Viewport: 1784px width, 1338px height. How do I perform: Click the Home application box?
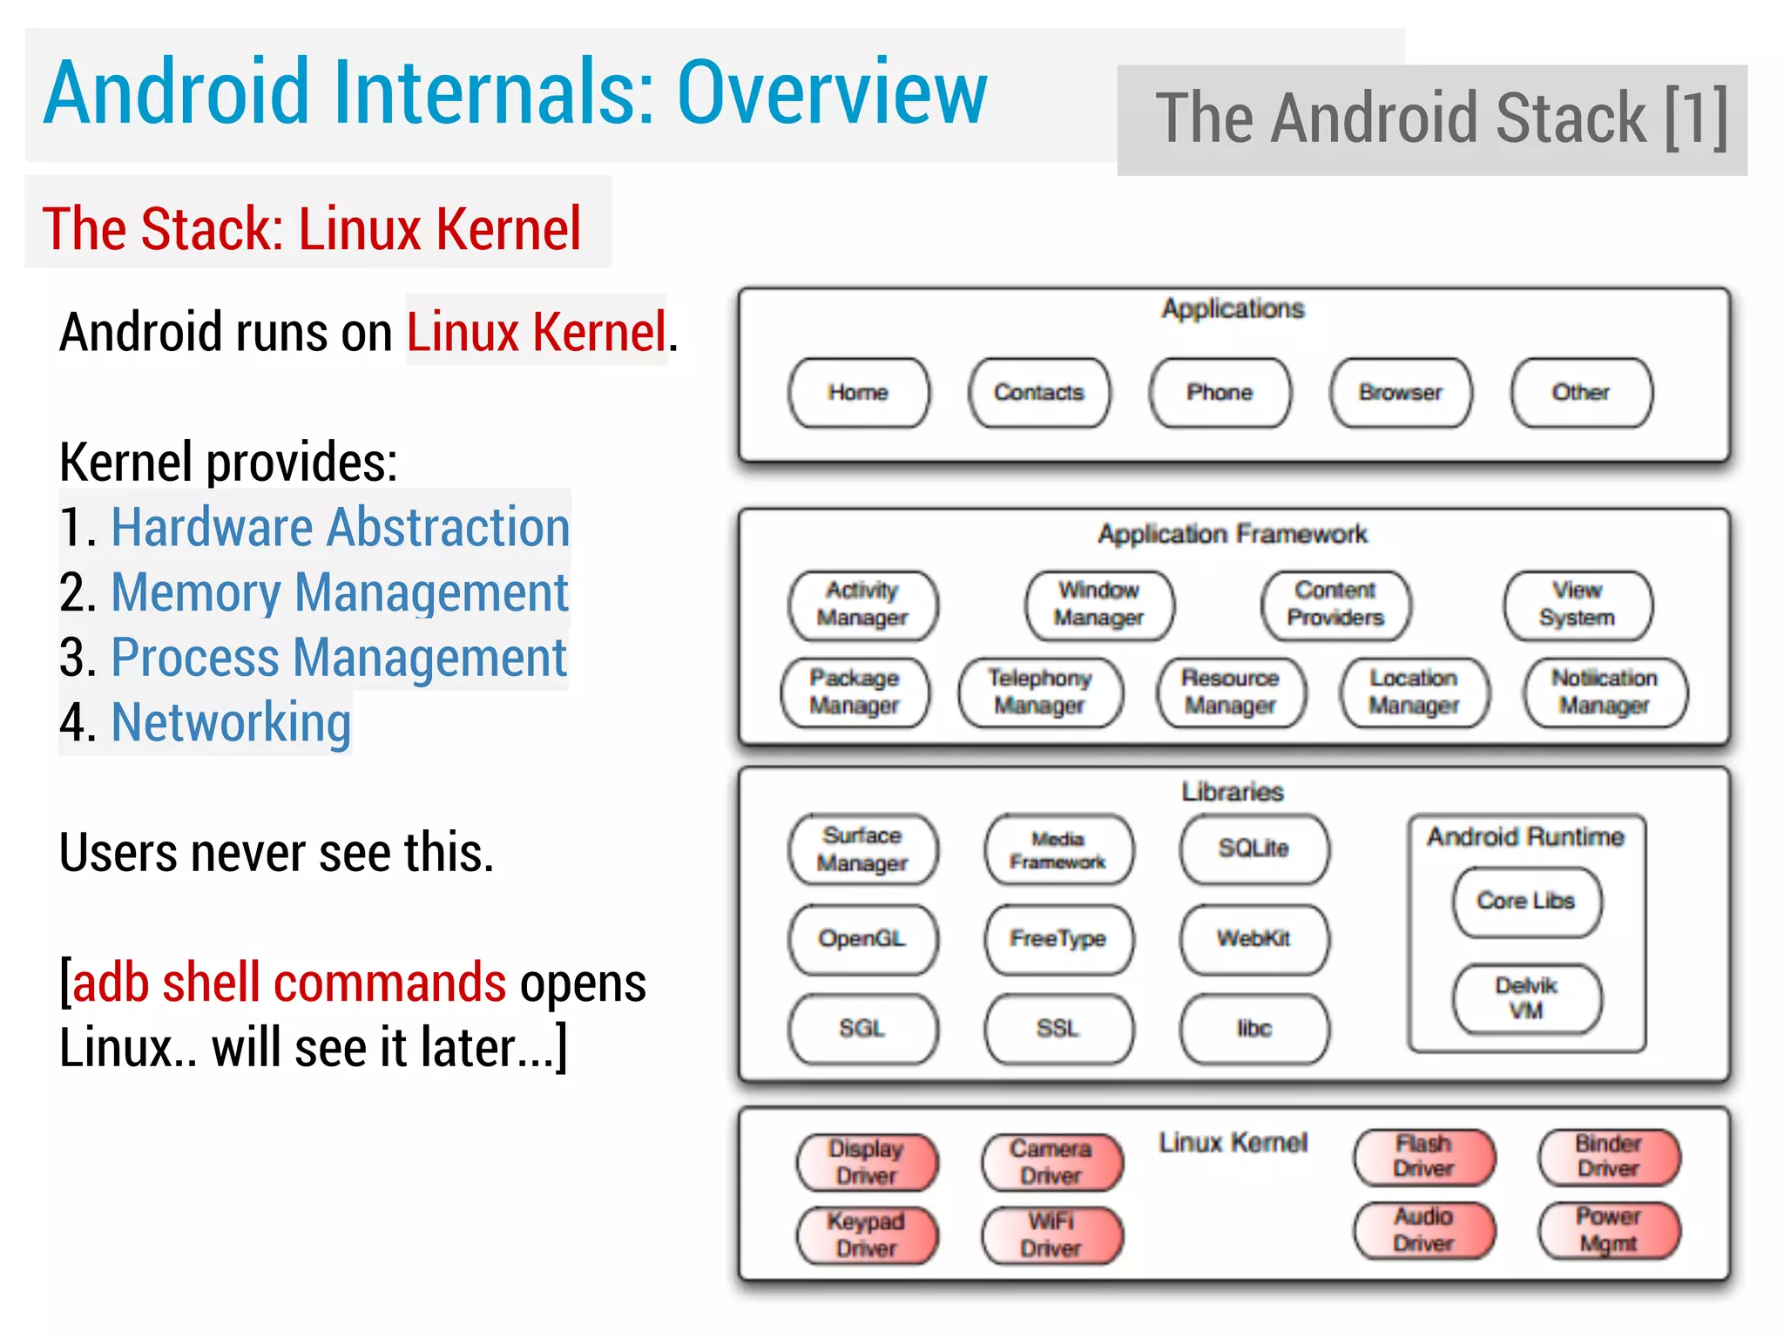(858, 393)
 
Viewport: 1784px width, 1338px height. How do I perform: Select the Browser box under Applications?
(1401, 393)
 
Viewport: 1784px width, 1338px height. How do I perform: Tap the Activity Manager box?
(862, 605)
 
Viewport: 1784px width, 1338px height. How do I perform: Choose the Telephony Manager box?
(1040, 693)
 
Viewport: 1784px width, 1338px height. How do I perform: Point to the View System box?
(1578, 605)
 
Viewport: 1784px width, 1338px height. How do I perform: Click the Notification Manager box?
(1605, 693)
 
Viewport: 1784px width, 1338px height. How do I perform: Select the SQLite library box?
(1254, 848)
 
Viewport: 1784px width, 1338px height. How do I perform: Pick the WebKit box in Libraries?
(1254, 939)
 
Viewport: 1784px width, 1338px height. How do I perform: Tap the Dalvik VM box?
(1526, 998)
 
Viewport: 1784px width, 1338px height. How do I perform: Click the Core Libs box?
(1526, 902)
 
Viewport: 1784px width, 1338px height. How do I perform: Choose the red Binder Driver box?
(1609, 1157)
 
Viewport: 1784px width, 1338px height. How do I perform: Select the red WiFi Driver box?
(1052, 1235)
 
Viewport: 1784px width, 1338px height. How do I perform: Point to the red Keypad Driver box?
(867, 1235)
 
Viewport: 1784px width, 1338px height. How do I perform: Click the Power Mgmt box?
(1609, 1230)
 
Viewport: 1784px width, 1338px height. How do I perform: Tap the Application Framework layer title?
(1233, 534)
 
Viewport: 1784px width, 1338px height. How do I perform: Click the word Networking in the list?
(231, 723)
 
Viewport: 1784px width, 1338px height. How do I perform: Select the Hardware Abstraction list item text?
(340, 528)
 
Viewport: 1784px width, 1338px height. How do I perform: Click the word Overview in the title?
(832, 92)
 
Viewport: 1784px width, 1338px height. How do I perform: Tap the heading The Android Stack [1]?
(1442, 119)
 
